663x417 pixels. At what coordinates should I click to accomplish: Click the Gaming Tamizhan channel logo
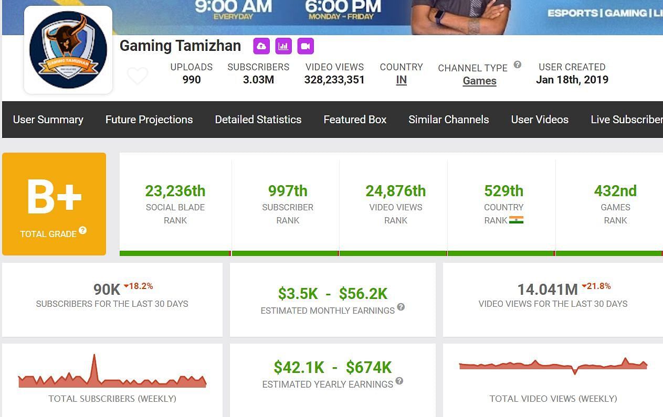click(x=68, y=50)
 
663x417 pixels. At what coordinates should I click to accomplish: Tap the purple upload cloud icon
click(x=261, y=46)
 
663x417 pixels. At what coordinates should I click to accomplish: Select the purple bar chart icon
click(x=283, y=46)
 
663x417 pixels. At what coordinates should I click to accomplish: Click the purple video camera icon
click(x=306, y=46)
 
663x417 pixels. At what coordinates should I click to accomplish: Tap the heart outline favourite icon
click(x=138, y=77)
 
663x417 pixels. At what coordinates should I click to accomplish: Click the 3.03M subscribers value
click(x=258, y=80)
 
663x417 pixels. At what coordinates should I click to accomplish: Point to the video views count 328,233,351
click(x=334, y=80)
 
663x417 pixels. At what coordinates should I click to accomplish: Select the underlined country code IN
click(x=401, y=80)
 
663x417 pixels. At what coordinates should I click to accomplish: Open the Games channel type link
click(x=479, y=81)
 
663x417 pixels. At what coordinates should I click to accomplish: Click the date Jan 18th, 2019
click(x=572, y=80)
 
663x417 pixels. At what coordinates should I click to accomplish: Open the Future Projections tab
click(x=149, y=120)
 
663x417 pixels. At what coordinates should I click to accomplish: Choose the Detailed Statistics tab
click(x=258, y=120)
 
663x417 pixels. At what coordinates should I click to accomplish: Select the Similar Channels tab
click(x=448, y=120)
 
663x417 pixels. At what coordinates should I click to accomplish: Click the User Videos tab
click(x=540, y=120)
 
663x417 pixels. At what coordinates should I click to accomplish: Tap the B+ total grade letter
click(x=54, y=197)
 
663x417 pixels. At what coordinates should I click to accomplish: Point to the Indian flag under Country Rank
click(x=517, y=220)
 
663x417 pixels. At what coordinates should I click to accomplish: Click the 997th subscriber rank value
click(x=288, y=191)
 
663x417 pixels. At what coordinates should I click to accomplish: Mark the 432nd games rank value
click(x=615, y=191)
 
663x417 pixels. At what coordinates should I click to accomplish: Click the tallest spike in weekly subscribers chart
click(x=94, y=357)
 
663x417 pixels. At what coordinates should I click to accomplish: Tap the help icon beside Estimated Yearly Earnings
click(x=399, y=381)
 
